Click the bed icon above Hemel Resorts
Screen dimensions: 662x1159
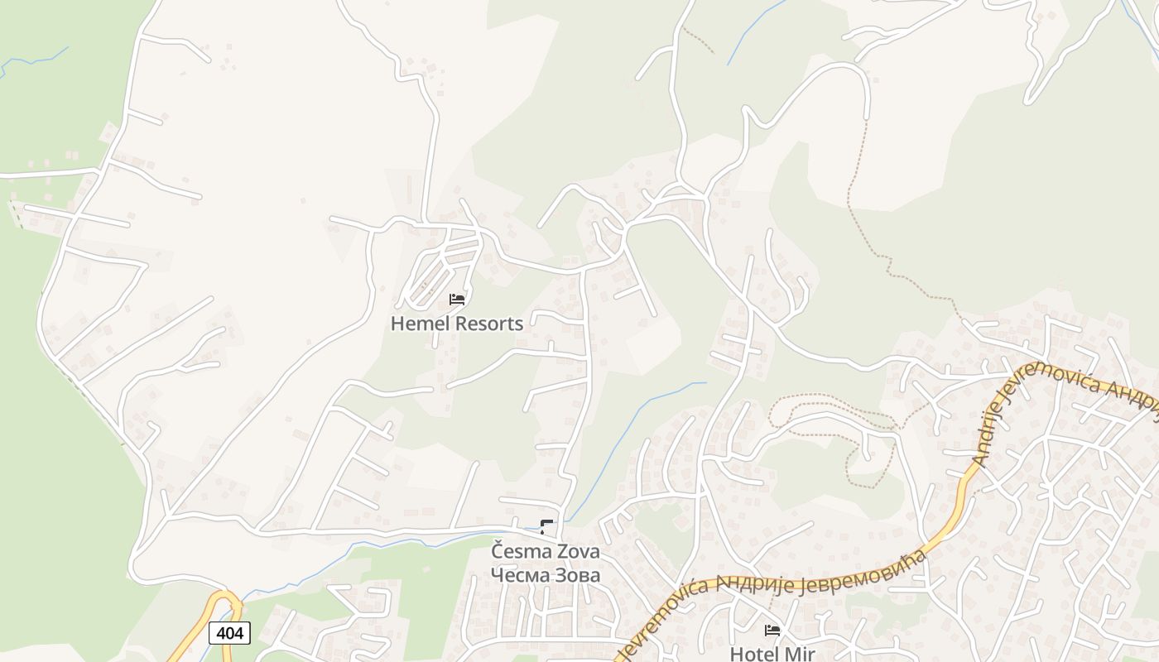(x=457, y=299)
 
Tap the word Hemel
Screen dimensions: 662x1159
(x=417, y=324)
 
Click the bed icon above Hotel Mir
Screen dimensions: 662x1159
(x=772, y=631)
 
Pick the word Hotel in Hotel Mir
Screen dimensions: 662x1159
(x=754, y=654)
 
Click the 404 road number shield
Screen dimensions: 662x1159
(x=229, y=633)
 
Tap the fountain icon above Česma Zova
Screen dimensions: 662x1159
(x=546, y=527)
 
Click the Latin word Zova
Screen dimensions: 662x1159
(x=576, y=550)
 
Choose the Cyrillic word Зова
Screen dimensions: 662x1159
(x=576, y=574)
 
